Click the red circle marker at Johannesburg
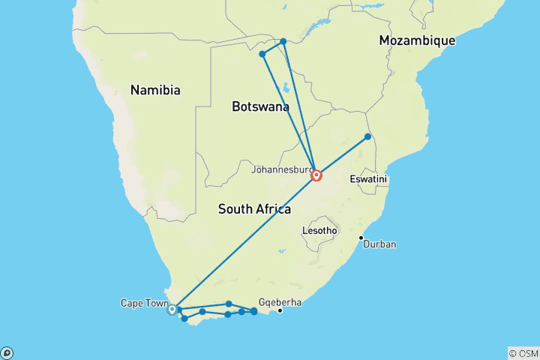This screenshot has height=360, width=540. [316, 175]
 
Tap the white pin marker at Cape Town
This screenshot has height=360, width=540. [172, 309]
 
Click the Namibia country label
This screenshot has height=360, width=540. [155, 90]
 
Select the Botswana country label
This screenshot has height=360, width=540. [260, 108]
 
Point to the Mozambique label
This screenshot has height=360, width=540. [417, 40]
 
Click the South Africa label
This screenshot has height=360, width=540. [253, 209]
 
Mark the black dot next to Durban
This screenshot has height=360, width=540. [361, 238]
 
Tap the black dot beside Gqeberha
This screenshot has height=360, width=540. [280, 310]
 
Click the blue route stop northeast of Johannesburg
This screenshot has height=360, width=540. [367, 136]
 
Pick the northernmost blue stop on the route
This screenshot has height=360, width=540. [283, 41]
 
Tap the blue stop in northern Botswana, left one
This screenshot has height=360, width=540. [262, 54]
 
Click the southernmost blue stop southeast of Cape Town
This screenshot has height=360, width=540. [184, 319]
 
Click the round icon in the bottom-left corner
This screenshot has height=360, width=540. [7, 352]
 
